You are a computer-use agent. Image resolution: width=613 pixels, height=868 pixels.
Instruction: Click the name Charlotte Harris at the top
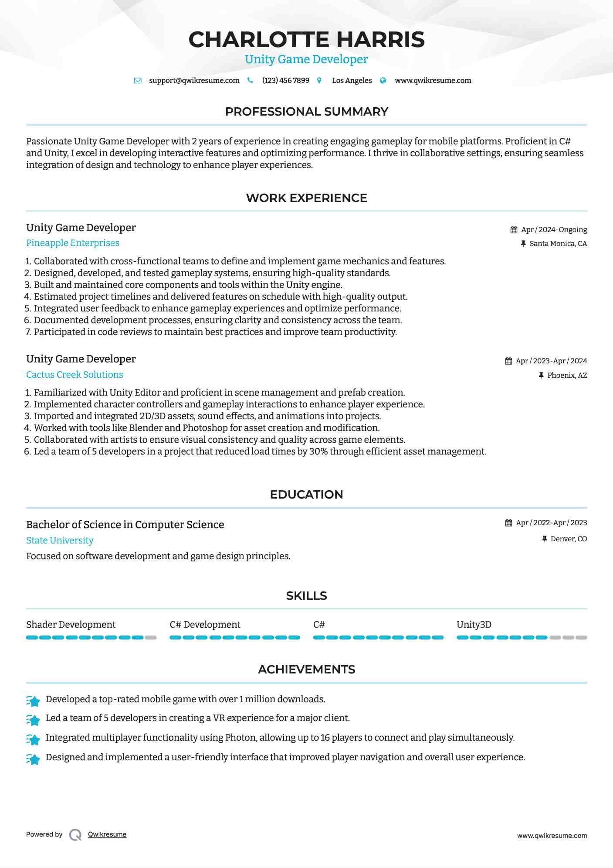click(306, 39)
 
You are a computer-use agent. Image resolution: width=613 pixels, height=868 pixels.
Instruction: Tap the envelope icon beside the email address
click(138, 81)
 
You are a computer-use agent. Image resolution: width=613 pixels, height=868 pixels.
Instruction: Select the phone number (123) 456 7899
click(286, 81)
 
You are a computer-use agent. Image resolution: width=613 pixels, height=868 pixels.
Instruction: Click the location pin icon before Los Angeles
click(319, 81)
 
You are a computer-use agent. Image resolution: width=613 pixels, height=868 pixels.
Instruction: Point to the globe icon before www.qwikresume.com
click(383, 81)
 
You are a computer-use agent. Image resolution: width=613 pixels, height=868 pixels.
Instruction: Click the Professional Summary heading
click(306, 112)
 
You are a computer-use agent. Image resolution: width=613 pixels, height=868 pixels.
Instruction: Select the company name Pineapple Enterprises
click(73, 243)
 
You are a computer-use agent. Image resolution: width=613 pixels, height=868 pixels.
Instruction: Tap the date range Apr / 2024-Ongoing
click(554, 230)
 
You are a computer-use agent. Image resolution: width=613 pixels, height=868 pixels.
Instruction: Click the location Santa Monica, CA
click(558, 244)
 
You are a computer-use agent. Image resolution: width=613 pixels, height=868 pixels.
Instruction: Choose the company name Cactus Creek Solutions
click(75, 375)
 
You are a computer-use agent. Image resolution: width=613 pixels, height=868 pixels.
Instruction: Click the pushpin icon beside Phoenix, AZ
click(541, 375)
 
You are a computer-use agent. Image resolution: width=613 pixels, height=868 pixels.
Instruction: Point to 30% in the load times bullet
click(318, 451)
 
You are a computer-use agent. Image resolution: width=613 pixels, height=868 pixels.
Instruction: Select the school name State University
click(60, 540)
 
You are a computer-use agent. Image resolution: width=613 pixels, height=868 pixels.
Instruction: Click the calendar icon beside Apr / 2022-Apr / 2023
click(508, 523)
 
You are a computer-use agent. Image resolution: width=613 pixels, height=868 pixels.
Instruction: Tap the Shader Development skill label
click(71, 625)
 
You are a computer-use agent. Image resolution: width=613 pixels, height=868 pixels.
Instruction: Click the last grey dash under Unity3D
click(581, 638)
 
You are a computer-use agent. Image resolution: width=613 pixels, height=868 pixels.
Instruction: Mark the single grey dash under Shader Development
click(151, 638)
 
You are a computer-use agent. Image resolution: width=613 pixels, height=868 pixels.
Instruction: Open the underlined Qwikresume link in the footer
click(107, 834)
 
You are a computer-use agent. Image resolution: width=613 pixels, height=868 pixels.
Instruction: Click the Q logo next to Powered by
click(75, 835)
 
